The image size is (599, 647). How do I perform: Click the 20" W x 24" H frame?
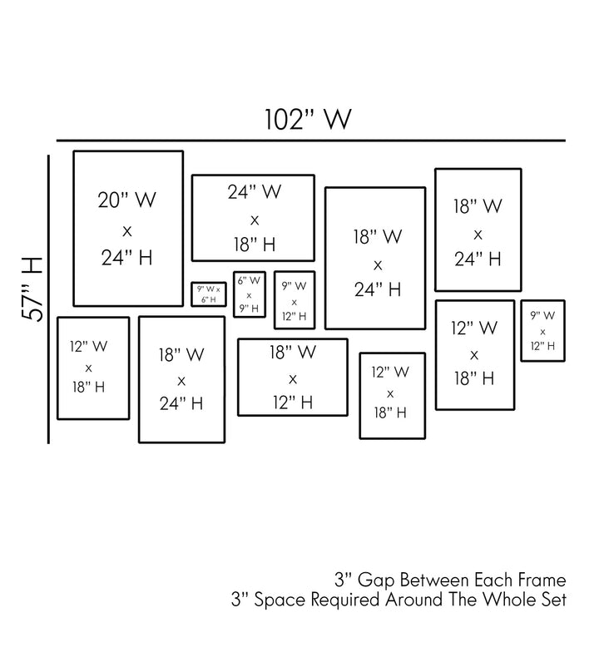click(x=128, y=229)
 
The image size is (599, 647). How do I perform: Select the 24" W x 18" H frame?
click(x=254, y=218)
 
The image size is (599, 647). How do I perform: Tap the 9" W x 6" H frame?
click(x=209, y=294)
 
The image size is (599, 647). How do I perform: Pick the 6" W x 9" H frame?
click(x=249, y=294)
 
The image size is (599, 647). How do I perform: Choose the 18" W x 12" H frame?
click(x=293, y=377)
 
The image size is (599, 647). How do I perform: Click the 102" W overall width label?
click(x=308, y=119)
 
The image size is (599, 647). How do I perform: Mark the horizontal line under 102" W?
click(x=309, y=141)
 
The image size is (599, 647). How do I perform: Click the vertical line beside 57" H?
click(x=49, y=299)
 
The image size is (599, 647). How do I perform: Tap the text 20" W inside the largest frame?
click(x=127, y=200)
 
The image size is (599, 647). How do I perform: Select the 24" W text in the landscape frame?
click(x=254, y=192)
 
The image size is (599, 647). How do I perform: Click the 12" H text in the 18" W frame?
click(x=292, y=403)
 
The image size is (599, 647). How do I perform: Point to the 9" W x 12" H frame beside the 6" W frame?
click(x=295, y=299)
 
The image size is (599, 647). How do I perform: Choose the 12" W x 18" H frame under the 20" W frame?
click(x=92, y=368)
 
